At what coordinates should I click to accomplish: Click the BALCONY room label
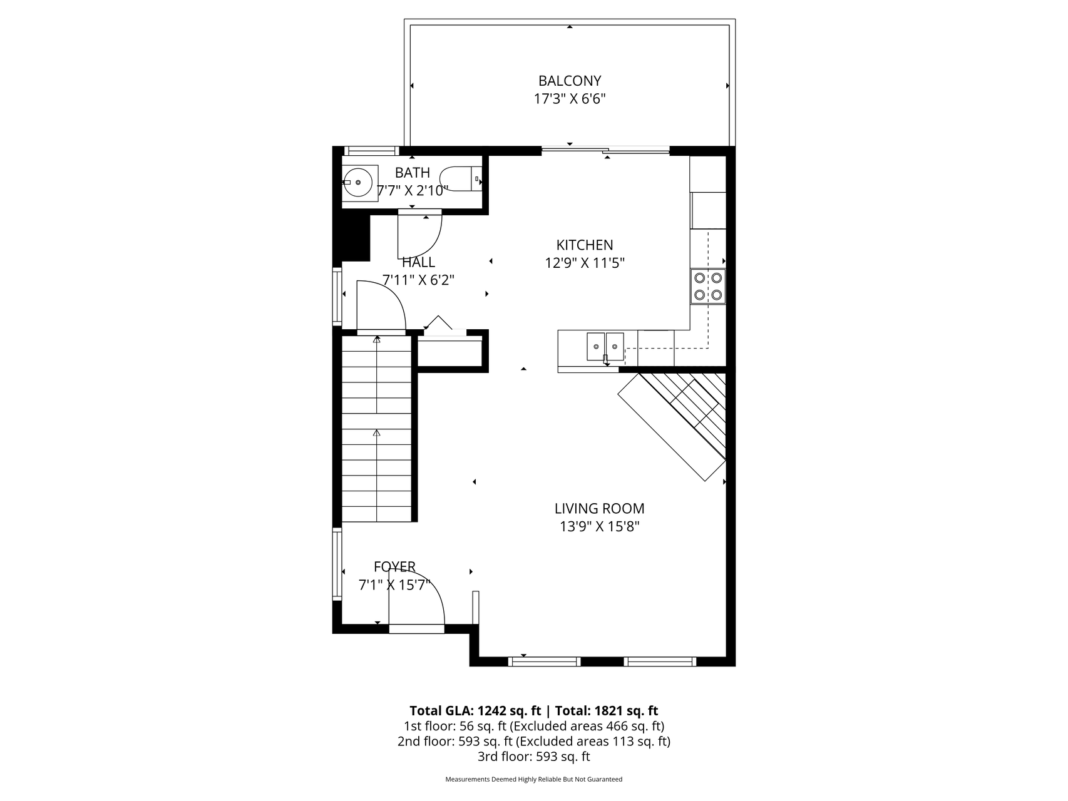[570, 81]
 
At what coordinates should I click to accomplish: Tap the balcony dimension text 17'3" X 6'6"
[570, 99]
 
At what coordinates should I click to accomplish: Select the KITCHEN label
[585, 245]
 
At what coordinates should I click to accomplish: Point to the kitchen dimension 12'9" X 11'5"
[585, 263]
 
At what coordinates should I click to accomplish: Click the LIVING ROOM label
[599, 509]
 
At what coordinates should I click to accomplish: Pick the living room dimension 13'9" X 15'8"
[599, 527]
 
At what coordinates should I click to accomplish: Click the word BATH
[413, 173]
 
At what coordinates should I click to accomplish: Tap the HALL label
[418, 262]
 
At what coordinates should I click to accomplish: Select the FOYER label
[394, 567]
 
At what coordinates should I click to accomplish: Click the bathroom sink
[360, 183]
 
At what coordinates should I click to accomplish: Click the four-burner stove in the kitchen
[708, 287]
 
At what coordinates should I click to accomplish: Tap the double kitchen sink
[605, 347]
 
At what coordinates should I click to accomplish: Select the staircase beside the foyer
[377, 429]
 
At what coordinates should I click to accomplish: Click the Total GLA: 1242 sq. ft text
[475, 711]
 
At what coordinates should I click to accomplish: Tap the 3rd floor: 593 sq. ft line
[533, 757]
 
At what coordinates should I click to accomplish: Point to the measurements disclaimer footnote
[533, 780]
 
